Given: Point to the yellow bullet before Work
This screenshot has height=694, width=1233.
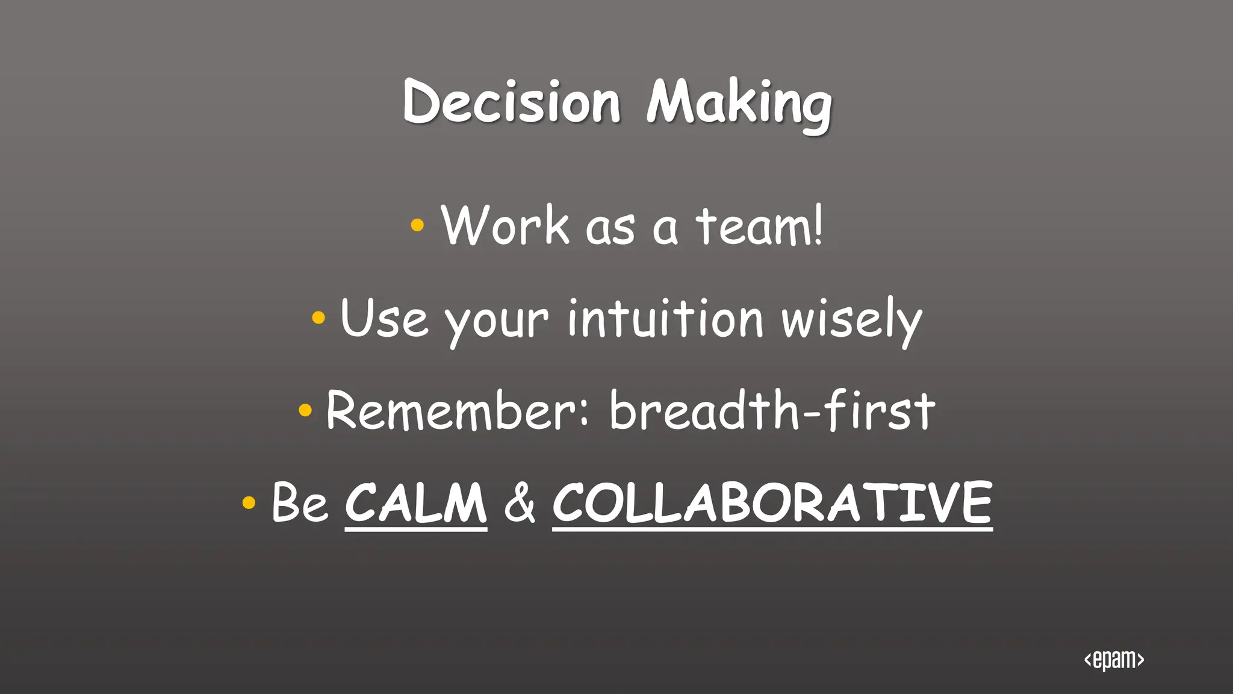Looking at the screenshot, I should pyautogui.click(x=417, y=225).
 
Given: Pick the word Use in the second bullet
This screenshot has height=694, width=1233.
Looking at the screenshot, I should pyautogui.click(x=384, y=318).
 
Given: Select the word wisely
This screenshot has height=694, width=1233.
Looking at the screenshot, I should pyautogui.click(x=851, y=320).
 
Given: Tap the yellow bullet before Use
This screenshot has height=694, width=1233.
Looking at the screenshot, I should pyautogui.click(x=318, y=317).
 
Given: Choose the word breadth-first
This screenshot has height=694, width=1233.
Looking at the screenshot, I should pyautogui.click(x=772, y=410).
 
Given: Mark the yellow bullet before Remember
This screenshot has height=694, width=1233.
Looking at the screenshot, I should pyautogui.click(x=305, y=410).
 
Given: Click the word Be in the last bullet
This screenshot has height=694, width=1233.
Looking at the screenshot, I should pyautogui.click(x=300, y=502).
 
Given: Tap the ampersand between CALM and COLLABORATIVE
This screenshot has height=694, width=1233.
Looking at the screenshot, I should pyautogui.click(x=520, y=503).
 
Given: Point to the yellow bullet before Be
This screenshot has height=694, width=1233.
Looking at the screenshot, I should pyautogui.click(x=249, y=502).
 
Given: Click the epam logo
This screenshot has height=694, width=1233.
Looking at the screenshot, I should pyautogui.click(x=1114, y=660).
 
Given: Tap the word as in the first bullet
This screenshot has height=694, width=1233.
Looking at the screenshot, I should pyautogui.click(x=610, y=228).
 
